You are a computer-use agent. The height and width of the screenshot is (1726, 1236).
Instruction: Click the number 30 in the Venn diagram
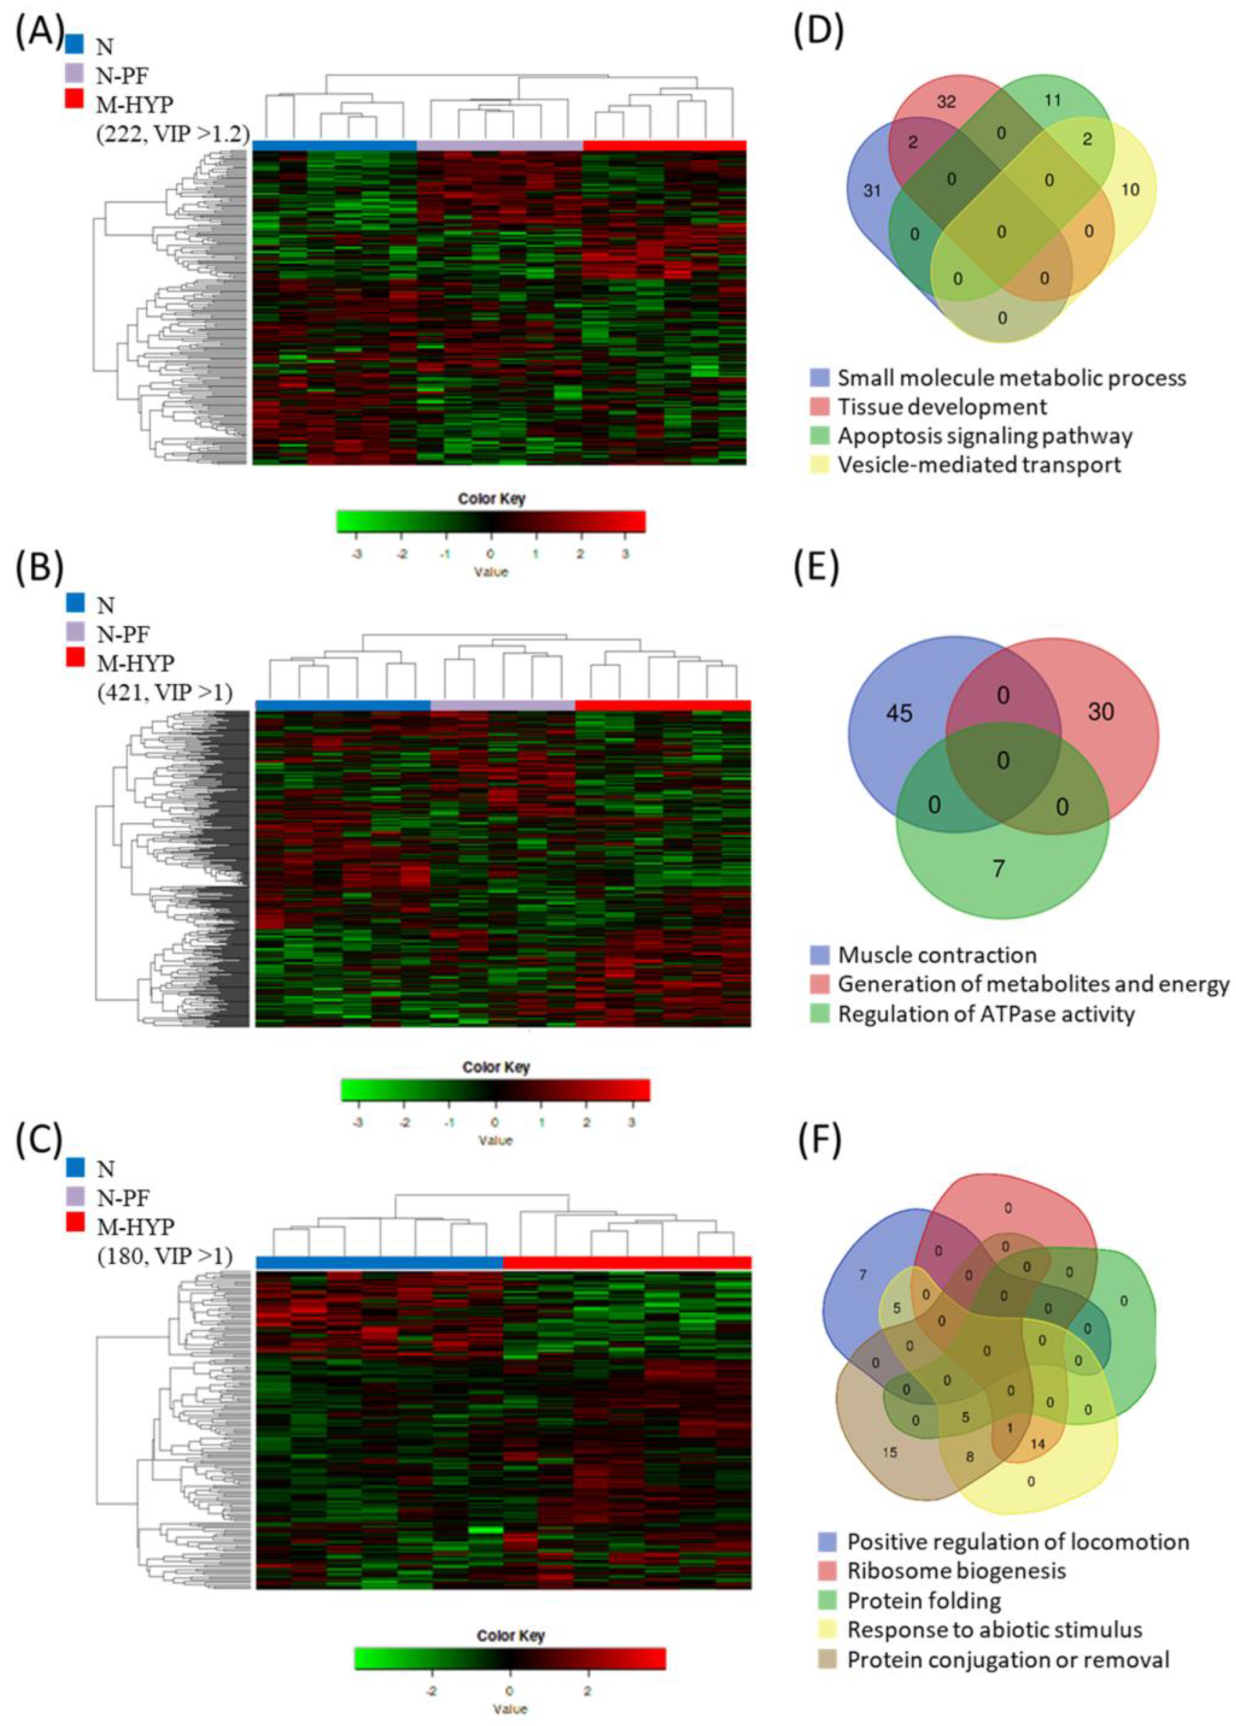point(1101,712)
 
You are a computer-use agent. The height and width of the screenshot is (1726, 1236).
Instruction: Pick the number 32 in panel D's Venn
point(946,101)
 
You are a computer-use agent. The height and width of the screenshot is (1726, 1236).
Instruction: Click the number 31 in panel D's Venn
point(872,190)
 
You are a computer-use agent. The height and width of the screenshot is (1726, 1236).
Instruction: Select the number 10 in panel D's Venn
point(1131,189)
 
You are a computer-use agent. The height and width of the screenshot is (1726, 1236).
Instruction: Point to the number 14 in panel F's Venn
point(1037,1444)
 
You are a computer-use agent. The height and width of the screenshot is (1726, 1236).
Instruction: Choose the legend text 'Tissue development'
point(942,407)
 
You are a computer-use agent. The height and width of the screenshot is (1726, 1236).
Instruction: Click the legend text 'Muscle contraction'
point(937,954)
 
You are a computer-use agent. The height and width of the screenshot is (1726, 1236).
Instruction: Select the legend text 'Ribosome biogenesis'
point(957,1570)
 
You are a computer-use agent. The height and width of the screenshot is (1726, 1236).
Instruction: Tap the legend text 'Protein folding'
point(924,1600)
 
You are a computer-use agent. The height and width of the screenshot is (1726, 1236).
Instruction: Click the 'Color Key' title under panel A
point(491,499)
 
